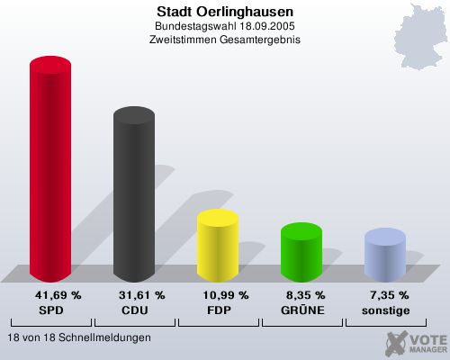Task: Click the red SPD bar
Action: coord(50,171)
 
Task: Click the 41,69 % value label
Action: coord(58,295)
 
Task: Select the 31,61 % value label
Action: coord(141,295)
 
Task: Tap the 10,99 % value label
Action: coord(225,295)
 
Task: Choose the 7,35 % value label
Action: coord(390,295)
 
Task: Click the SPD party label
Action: coord(51,310)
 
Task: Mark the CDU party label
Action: coord(134,310)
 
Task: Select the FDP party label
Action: coord(219,310)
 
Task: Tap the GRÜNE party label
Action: coord(302,310)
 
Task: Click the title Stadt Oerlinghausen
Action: coord(224,11)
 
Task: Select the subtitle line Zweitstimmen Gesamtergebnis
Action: coord(224,40)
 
